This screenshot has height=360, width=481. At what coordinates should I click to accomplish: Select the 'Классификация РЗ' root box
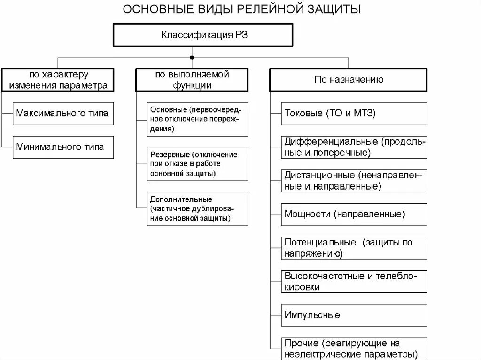point(203,35)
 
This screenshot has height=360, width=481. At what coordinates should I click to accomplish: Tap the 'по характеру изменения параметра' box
point(58,80)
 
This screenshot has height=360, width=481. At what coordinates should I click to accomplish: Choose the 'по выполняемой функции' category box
point(192,80)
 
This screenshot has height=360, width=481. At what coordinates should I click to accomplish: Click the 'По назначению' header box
point(349,80)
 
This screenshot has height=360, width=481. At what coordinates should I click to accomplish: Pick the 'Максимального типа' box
point(63,113)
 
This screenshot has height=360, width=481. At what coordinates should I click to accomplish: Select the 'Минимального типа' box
point(63,147)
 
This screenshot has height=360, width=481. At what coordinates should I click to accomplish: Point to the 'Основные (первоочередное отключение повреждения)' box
point(197,119)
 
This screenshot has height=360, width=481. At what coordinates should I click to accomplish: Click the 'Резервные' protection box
point(197,164)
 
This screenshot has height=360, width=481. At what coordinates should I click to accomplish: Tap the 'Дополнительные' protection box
point(197,209)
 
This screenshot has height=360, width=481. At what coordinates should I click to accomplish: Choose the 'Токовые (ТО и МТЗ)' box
point(354,113)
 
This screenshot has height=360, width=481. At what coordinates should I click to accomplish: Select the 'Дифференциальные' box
point(354,147)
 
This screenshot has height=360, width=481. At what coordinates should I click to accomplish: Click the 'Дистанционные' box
point(354,181)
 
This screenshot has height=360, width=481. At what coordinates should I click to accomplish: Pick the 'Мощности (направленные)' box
point(354,214)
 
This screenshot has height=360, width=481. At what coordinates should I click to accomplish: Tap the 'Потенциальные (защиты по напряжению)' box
point(354,248)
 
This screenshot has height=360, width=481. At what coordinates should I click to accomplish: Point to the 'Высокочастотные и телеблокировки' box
point(354,282)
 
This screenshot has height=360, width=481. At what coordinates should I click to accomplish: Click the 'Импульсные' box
point(354,315)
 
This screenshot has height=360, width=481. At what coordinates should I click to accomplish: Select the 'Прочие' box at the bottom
point(354,348)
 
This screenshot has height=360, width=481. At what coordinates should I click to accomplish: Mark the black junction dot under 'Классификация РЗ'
point(192,58)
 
